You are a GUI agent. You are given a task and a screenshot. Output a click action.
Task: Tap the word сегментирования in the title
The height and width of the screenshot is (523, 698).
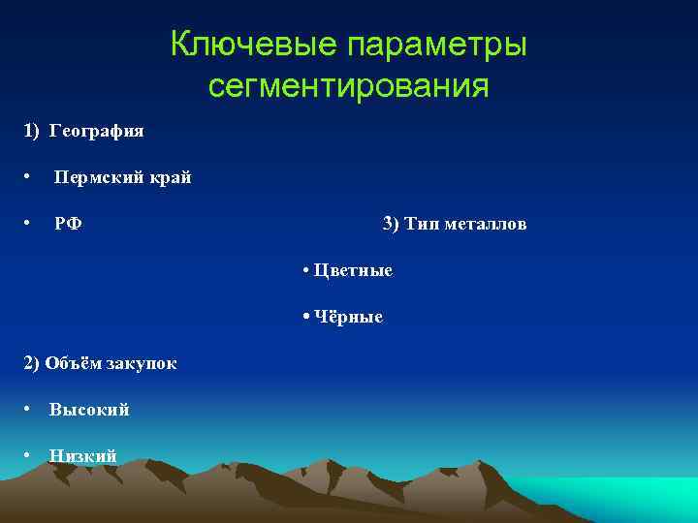(348, 87)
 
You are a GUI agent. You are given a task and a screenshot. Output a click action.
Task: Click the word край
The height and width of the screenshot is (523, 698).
(171, 177)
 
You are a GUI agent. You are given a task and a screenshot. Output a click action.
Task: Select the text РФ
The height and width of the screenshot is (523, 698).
(68, 224)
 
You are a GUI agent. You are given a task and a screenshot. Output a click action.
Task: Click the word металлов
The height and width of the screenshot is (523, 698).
(485, 224)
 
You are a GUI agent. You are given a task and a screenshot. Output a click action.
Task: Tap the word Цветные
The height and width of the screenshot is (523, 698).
(352, 270)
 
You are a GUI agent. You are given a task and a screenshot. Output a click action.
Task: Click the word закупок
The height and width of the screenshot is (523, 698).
(140, 363)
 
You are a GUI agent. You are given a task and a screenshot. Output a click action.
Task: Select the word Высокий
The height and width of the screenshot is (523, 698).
(89, 410)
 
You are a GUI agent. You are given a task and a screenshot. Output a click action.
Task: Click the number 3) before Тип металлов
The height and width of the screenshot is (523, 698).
(391, 224)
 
